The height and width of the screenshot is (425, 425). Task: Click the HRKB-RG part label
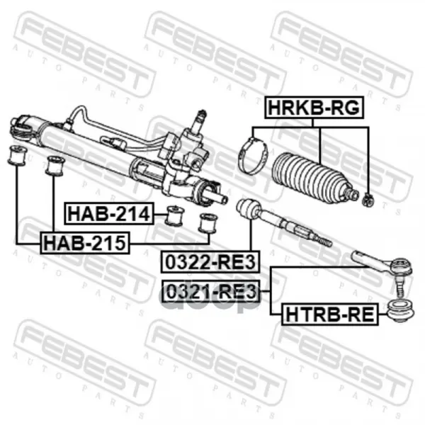pos(314,108)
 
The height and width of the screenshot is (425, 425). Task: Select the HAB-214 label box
pos(109,214)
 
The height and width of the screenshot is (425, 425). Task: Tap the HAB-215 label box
pos(85,243)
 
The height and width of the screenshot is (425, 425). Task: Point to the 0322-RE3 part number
pos(210,262)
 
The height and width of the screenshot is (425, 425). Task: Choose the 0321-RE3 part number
pos(211,291)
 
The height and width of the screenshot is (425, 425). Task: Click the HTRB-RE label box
pos(330,314)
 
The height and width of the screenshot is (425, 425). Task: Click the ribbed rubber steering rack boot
pos(312,178)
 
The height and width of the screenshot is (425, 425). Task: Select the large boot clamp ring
pos(253,156)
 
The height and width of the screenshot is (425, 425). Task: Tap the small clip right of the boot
pos(368,200)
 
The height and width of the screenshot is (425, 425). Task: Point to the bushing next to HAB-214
pos(175,215)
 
